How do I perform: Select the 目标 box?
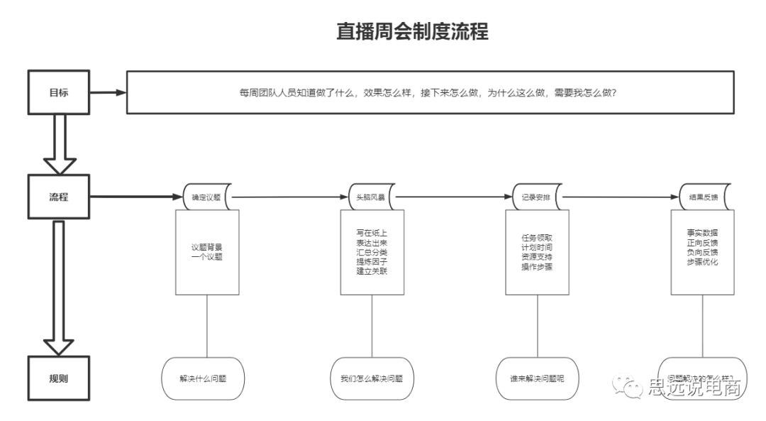point(59,92)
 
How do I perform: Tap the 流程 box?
point(59,197)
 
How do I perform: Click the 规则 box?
point(59,378)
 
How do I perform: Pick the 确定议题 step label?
point(206,197)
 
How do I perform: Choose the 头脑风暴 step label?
point(371,197)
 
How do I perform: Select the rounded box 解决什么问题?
point(203,378)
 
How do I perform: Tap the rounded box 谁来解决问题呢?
point(537,378)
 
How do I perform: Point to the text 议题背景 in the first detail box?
point(206,247)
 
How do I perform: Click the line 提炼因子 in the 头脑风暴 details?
point(372,262)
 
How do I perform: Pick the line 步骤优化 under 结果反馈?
point(703,262)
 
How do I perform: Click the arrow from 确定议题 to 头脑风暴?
point(289,197)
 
